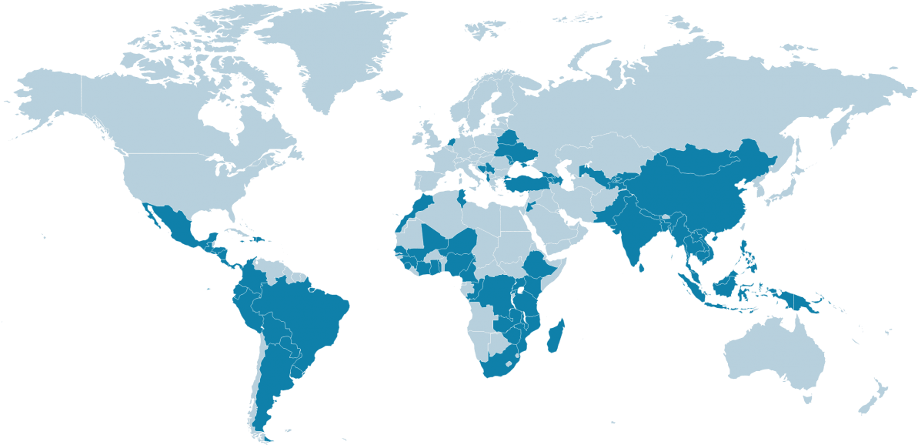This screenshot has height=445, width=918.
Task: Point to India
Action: (635, 231)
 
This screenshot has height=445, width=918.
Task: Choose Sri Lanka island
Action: (641, 266)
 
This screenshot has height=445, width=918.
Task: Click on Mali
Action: (435, 239)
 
